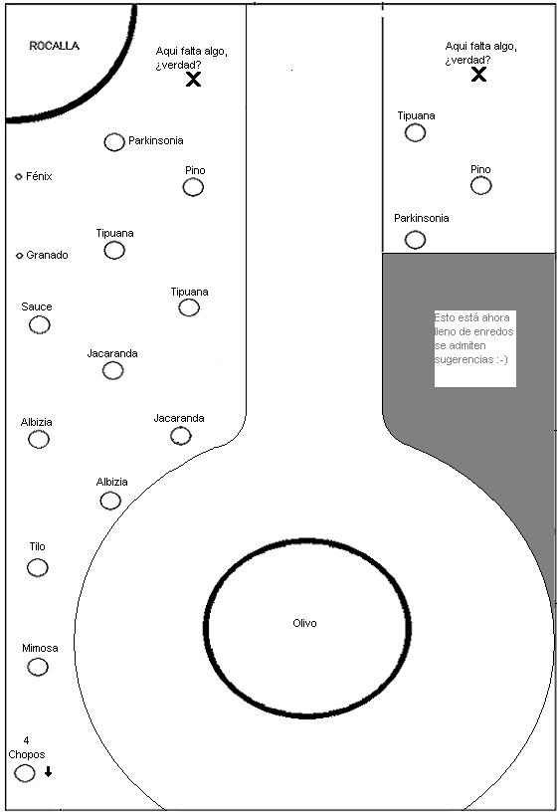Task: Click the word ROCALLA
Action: click(x=55, y=46)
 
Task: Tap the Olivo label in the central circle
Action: click(x=304, y=623)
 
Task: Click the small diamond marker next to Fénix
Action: click(x=19, y=176)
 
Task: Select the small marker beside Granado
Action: click(x=20, y=256)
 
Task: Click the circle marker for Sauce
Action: click(x=40, y=324)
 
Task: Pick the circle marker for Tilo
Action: click(x=37, y=567)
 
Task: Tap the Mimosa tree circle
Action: click(x=38, y=667)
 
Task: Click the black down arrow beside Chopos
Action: click(x=48, y=771)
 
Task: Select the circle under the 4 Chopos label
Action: click(x=24, y=772)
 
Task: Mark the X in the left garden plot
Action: click(x=193, y=80)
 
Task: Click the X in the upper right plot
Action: click(x=478, y=75)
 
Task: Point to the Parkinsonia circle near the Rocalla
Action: click(x=114, y=142)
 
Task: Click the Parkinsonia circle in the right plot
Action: click(x=415, y=240)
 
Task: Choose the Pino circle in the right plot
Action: click(x=480, y=185)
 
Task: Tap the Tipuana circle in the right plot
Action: click(x=415, y=132)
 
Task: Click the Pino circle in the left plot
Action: click(x=193, y=187)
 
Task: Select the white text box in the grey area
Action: click(x=475, y=348)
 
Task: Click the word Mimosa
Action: click(x=40, y=648)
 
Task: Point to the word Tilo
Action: click(x=37, y=546)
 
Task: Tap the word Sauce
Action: click(x=37, y=306)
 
